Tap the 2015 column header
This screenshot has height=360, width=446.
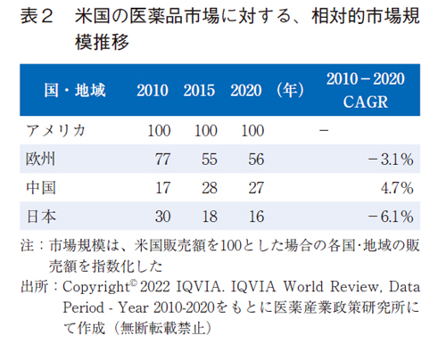pyautogui.click(x=200, y=90)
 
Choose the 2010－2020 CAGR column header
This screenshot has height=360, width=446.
pyautogui.click(x=365, y=90)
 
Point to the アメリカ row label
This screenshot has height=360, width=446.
pyautogui.click(x=56, y=131)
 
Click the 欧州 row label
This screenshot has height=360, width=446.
pyautogui.click(x=42, y=160)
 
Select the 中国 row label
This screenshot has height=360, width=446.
pyautogui.click(x=42, y=188)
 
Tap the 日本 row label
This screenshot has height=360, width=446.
pyautogui.click(x=42, y=217)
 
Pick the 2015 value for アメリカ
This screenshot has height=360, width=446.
pyautogui.click(x=205, y=131)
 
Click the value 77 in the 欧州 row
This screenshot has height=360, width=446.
pyautogui.click(x=162, y=160)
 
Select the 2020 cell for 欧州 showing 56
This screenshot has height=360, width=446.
pyautogui.click(x=255, y=160)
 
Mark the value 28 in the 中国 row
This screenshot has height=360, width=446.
pyautogui.click(x=209, y=188)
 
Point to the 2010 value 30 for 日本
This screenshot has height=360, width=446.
pyautogui.click(x=162, y=217)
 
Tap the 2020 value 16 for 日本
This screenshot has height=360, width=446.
pyautogui.click(x=255, y=217)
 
